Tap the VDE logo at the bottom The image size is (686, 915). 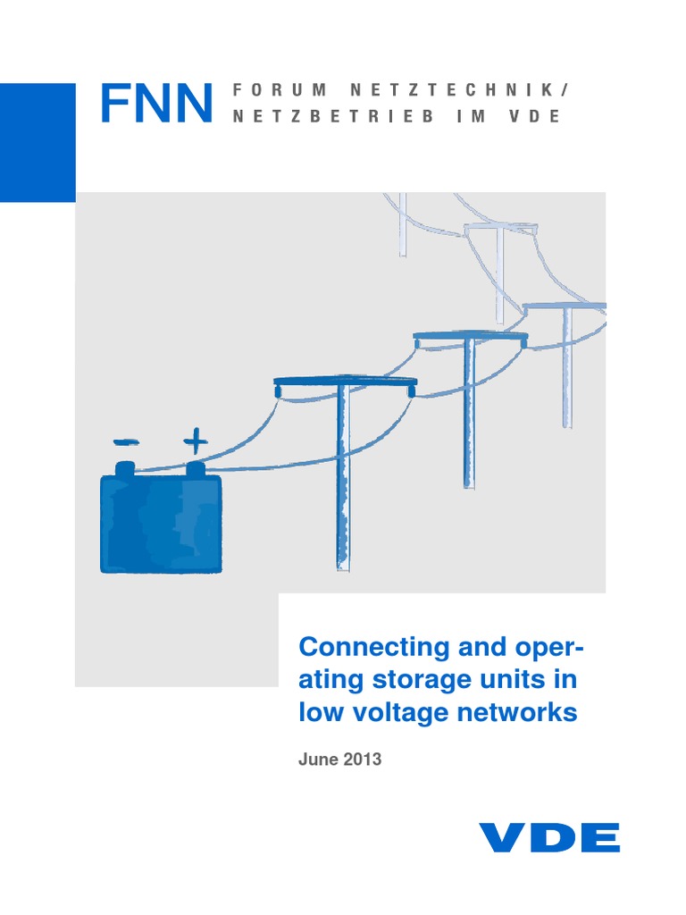tap(549, 838)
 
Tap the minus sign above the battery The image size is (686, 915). tap(126, 441)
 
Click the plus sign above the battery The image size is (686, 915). tap(194, 440)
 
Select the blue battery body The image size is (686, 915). tap(160, 524)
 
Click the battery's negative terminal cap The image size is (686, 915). tap(126, 467)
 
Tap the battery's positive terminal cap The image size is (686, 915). tap(195, 467)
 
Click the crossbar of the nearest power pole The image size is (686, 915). tap(345, 382)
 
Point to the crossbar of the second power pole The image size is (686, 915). tap(470, 338)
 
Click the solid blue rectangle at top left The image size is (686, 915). tap(38, 142)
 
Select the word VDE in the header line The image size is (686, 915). tap(538, 118)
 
